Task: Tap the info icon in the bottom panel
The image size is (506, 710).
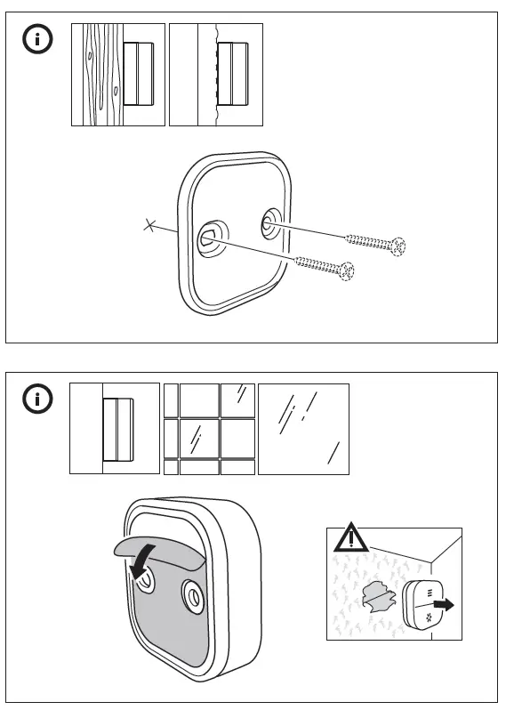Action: pos(37,399)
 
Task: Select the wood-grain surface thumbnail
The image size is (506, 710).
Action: pos(117,75)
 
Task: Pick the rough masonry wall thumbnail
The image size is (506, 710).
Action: pos(215,75)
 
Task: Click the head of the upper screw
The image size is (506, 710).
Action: pos(399,244)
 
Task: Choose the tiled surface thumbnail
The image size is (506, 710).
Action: pos(210,429)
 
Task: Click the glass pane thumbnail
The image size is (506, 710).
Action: pos(303,429)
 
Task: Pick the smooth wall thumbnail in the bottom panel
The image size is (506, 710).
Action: pos(115,429)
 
